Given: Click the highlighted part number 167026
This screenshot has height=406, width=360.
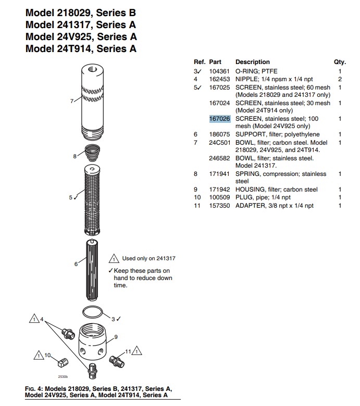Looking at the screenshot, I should [219, 119].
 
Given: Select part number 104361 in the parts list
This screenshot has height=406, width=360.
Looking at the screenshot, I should [219, 71].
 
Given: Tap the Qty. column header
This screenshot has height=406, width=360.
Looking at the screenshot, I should [340, 62].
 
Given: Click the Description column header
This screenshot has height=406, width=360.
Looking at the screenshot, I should [253, 62].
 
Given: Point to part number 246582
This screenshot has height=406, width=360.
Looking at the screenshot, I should [219, 158].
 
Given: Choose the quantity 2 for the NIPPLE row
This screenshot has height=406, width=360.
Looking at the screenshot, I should [340, 79].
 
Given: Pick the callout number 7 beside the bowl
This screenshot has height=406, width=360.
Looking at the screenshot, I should [72, 101].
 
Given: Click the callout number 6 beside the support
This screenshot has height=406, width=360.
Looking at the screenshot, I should [76, 264].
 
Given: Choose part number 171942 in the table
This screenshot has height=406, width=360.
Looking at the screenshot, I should [219, 189].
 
